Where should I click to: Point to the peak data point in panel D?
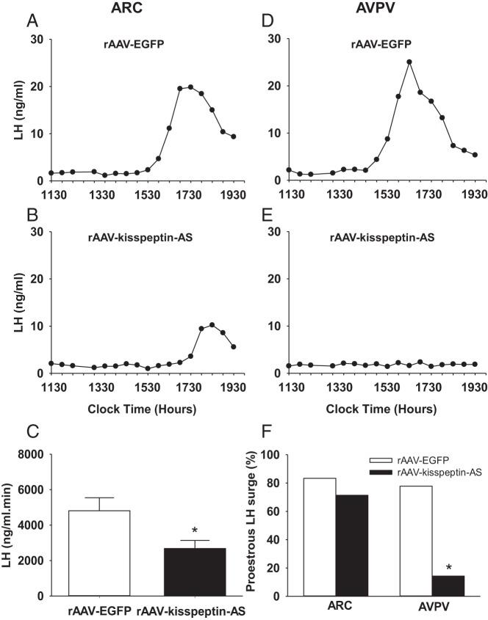click(409, 62)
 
